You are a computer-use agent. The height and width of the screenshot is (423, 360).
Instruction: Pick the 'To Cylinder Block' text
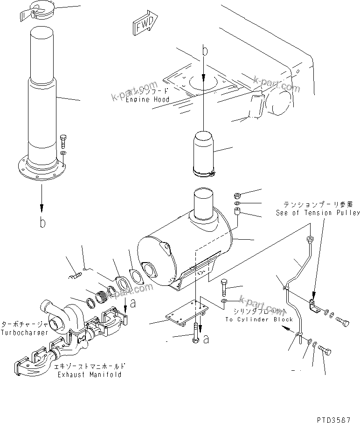pyautogui.click(x=259, y=319)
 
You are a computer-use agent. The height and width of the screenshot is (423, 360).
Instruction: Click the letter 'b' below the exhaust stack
pyautogui.click(x=43, y=223)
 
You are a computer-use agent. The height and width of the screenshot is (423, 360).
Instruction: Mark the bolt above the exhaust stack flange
pyautogui.click(x=63, y=139)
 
